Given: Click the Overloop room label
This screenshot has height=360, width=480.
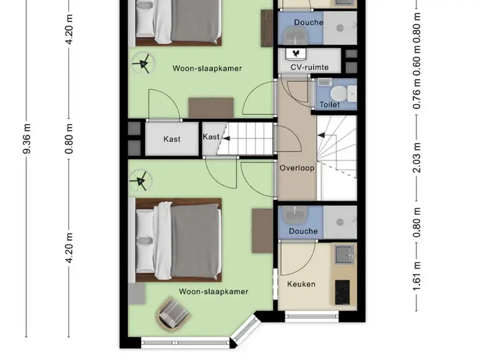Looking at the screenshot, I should click(x=297, y=168).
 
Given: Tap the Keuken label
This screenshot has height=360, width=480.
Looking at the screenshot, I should click(x=301, y=284).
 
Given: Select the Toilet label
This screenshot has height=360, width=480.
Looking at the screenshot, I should click(x=330, y=105).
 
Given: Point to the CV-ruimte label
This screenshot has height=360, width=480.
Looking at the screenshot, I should click(x=309, y=67).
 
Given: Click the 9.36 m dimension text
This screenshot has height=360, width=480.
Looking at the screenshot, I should click(x=27, y=138).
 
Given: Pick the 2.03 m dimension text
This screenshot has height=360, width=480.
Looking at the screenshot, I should click(x=417, y=157).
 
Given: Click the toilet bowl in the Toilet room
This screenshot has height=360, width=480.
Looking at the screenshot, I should click(x=347, y=94).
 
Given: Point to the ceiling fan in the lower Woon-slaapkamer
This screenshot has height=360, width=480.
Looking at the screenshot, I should click(x=140, y=181).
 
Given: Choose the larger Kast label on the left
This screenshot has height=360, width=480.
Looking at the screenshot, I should click(x=172, y=139).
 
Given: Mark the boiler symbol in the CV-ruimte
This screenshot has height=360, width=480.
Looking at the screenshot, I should click(x=296, y=53).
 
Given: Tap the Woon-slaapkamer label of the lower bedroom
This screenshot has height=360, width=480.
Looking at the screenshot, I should click(x=213, y=292).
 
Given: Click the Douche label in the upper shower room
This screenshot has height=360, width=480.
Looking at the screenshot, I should click(x=308, y=22).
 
